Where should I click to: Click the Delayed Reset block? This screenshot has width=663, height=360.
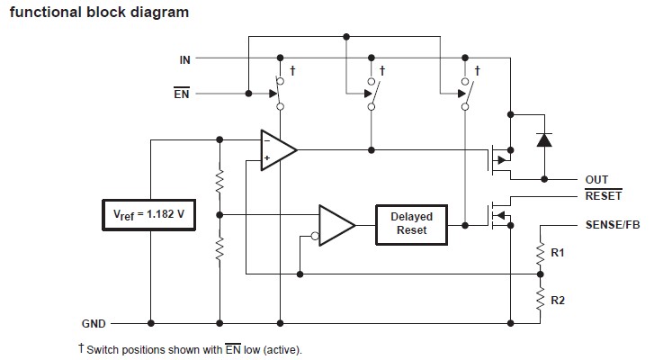pos(412,224)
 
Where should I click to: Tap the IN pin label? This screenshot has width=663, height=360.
pos(184,59)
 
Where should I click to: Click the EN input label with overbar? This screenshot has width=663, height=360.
pos(181,93)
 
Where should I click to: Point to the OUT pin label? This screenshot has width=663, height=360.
pos(596,180)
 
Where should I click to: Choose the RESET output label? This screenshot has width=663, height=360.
pos(603,195)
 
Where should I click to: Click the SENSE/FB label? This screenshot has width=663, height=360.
pos(616,223)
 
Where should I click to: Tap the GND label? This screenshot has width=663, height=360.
pos(94,322)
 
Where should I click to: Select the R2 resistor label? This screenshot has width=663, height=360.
pos(557,296)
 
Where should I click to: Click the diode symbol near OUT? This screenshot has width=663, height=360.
pos(542,139)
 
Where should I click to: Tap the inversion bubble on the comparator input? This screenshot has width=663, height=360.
pos(314,238)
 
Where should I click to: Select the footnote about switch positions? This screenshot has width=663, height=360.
pos(194,349)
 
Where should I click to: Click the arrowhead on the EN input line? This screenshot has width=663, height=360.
pos(244,93)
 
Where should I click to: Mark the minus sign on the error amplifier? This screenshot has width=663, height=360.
pos(266,139)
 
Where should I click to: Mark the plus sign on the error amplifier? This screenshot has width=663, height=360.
pos(266,158)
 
